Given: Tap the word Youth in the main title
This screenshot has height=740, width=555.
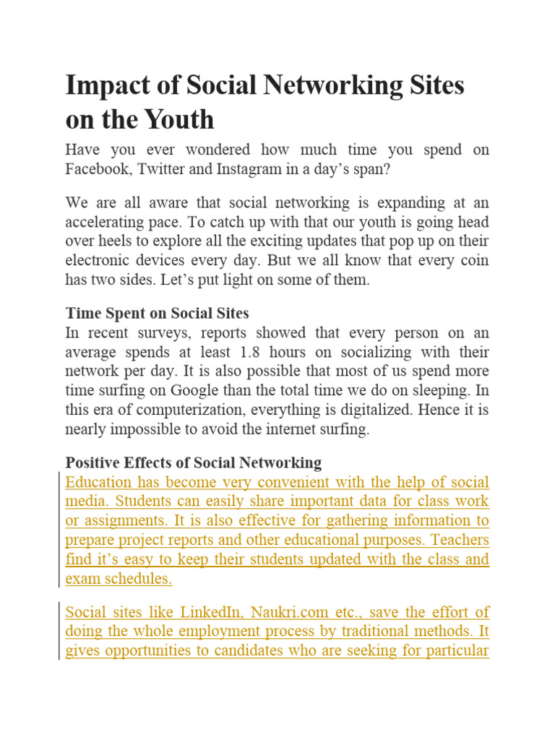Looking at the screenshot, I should click(x=181, y=119).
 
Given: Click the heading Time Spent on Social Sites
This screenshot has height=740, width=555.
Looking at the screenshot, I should click(x=157, y=313).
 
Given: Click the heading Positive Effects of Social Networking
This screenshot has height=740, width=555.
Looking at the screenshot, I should click(x=193, y=462).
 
